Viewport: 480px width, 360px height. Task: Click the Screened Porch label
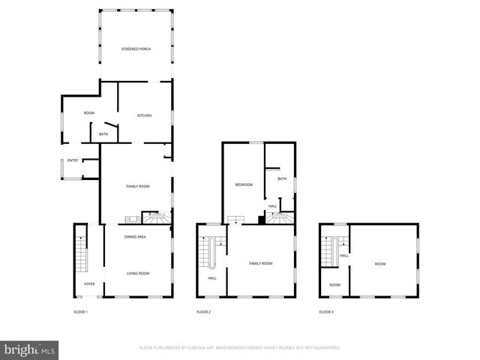136,49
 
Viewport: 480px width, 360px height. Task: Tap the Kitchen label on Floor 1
144,115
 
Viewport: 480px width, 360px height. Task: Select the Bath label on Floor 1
103,134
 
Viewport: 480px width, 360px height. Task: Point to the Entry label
73,160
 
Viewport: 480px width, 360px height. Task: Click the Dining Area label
135,237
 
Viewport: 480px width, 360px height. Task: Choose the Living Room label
138,274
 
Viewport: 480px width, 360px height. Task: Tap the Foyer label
89,284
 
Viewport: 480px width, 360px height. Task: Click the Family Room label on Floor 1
138,186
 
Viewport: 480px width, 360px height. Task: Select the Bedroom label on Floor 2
244,184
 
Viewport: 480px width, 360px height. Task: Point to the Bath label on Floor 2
282,178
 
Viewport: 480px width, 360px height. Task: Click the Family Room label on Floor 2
260,263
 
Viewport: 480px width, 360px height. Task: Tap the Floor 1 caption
80,312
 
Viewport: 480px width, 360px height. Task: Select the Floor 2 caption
204,312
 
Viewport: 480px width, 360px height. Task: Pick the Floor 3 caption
326,312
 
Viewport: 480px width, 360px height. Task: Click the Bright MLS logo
30,349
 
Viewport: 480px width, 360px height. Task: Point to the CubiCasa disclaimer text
240,348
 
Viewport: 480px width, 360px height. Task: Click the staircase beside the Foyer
80,255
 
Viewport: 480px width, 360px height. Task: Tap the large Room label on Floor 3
380,263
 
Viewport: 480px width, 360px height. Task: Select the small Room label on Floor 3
334,285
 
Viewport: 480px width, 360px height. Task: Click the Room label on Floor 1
88,112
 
